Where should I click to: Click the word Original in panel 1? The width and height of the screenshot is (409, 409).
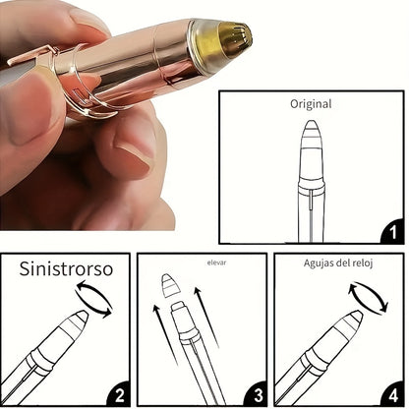point(311,104)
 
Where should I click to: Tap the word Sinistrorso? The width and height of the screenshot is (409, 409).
point(66,268)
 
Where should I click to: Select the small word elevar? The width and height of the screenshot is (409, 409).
point(216,263)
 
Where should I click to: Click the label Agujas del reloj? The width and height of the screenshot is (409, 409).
point(338,263)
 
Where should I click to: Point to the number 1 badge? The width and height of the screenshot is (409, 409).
point(392,232)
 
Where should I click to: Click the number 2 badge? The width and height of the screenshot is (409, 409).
point(119,394)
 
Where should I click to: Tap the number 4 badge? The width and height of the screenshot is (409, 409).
point(392,394)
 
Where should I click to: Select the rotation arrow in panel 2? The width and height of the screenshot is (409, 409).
point(94,299)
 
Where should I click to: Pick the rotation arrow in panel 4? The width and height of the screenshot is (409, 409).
point(369,298)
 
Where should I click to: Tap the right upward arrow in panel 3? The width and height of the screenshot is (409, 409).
point(205,317)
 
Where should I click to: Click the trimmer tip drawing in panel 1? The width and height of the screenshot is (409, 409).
point(311,135)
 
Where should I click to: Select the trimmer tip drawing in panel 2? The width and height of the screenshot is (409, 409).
point(76,321)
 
